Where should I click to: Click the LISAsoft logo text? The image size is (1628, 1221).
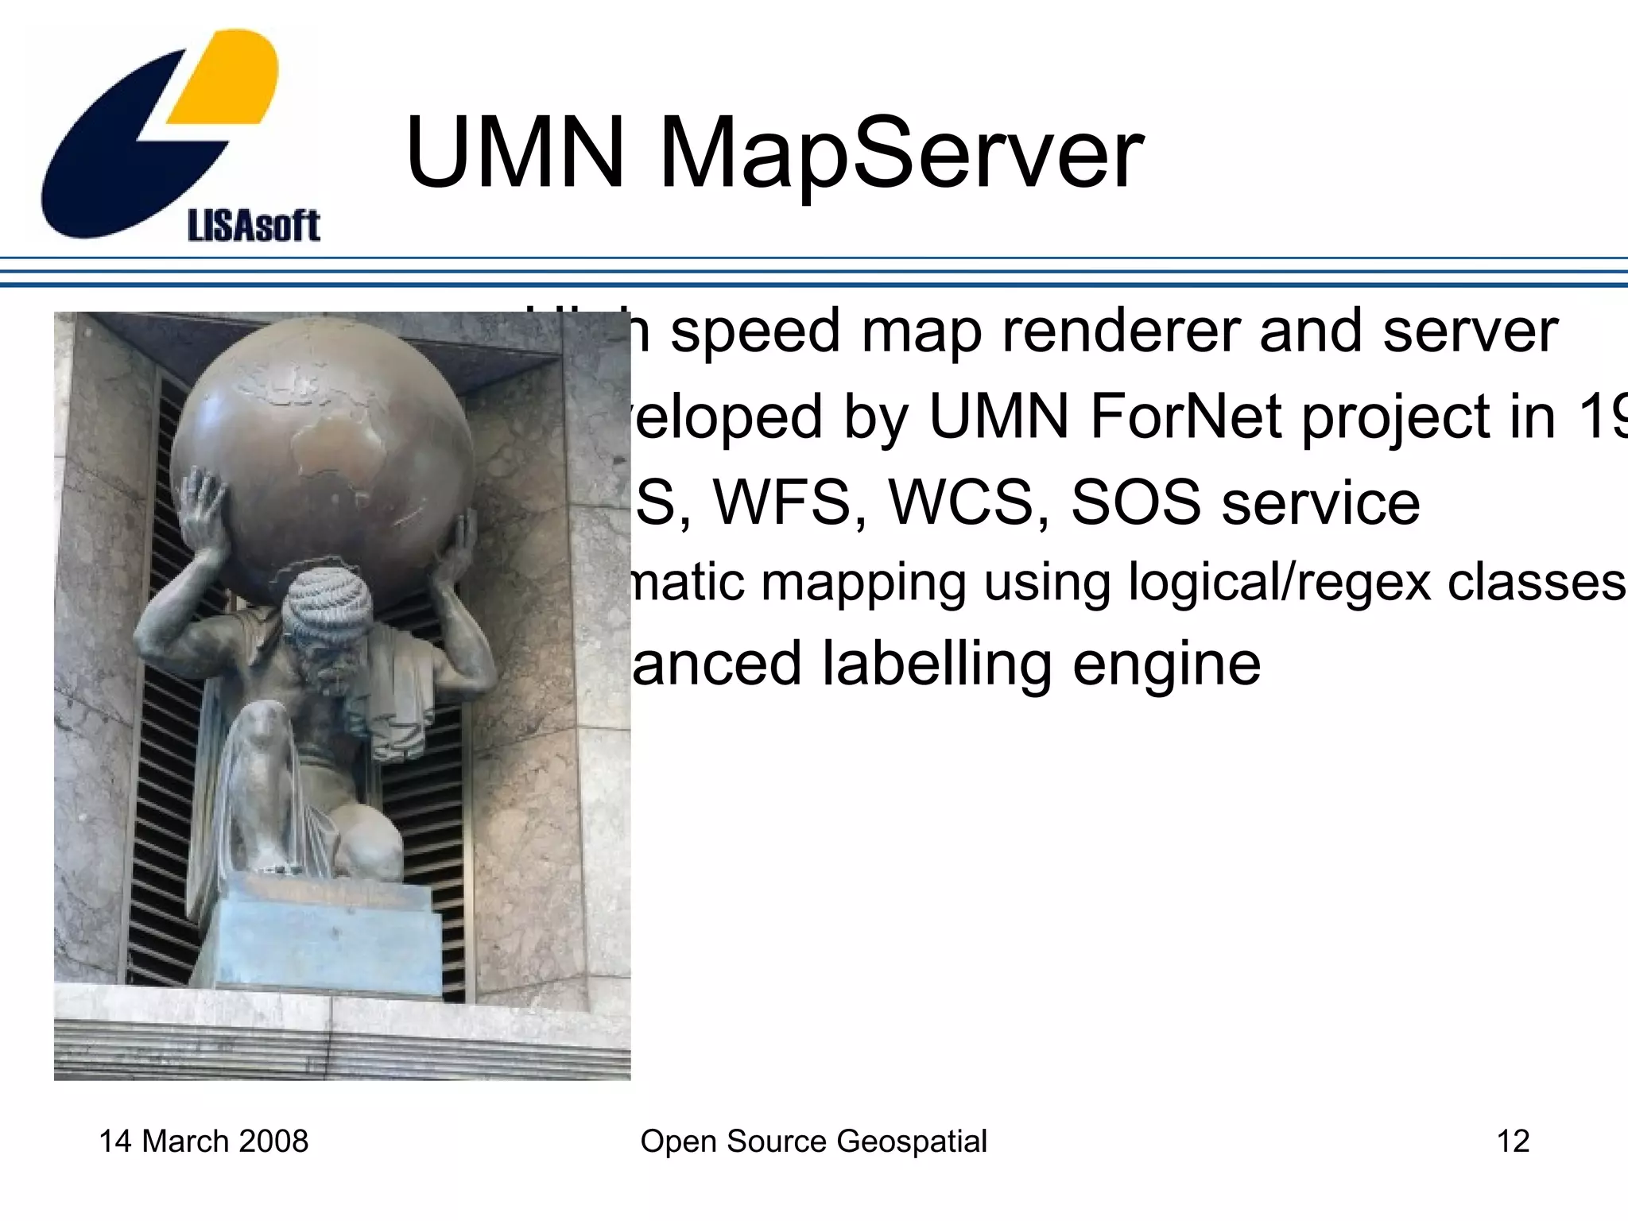click(254, 226)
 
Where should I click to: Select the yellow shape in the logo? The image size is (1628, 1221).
click(227, 79)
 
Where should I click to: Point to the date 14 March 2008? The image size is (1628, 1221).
click(203, 1141)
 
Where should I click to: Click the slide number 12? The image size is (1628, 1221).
click(1513, 1141)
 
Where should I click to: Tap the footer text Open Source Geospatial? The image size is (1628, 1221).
click(813, 1141)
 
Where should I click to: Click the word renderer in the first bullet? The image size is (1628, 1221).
click(1119, 331)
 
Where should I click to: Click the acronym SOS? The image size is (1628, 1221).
click(1136, 502)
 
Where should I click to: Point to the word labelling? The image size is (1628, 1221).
click(936, 665)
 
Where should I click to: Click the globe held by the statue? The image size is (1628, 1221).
click(322, 453)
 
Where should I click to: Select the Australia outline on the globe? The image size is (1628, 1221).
click(338, 445)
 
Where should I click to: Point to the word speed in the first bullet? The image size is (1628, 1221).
click(755, 332)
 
